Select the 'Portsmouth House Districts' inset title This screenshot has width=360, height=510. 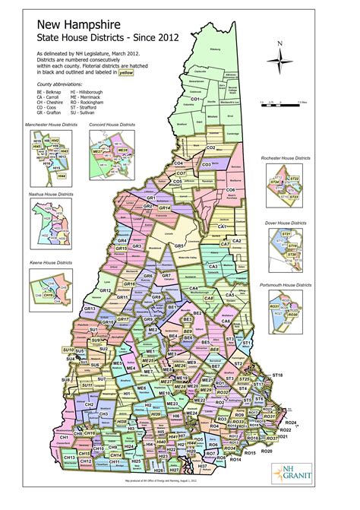coord(286,284)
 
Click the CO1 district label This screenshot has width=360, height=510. coord(195,100)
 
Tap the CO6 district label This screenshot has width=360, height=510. coord(231,189)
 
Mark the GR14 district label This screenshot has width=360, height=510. coord(163,207)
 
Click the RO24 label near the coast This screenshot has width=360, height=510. coord(291,423)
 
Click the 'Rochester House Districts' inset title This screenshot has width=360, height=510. coord(286,157)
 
